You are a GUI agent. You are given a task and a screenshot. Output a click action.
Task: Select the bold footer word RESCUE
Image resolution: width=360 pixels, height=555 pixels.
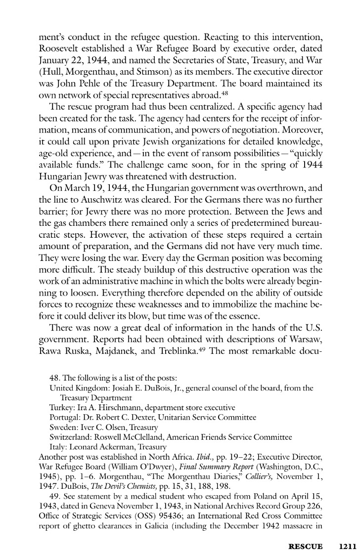pos(306,547)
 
